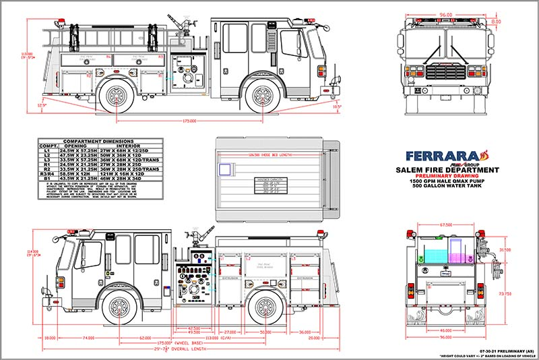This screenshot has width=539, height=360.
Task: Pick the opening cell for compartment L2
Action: coord(78,155)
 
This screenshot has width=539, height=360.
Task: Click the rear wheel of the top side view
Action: coord(115,94)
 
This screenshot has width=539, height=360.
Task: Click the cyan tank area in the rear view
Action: coord(431,256)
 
